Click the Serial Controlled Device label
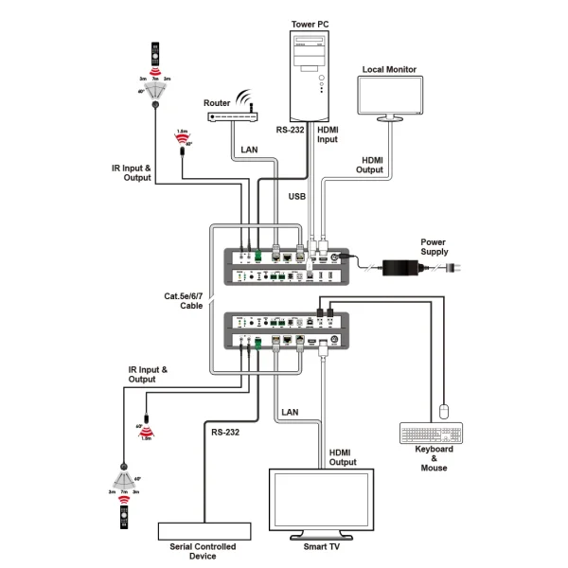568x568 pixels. [203, 551]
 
